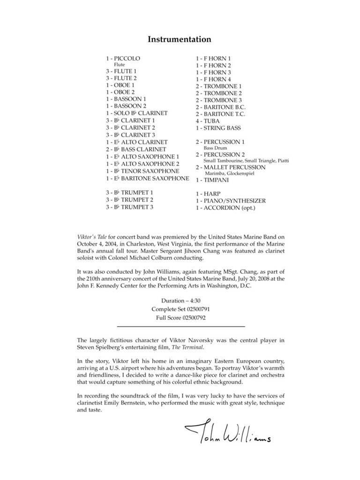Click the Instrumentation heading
click(180, 39)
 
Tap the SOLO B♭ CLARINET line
click(136, 113)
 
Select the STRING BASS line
click(217, 127)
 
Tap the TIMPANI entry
click(212, 180)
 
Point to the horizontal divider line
click(180, 326)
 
